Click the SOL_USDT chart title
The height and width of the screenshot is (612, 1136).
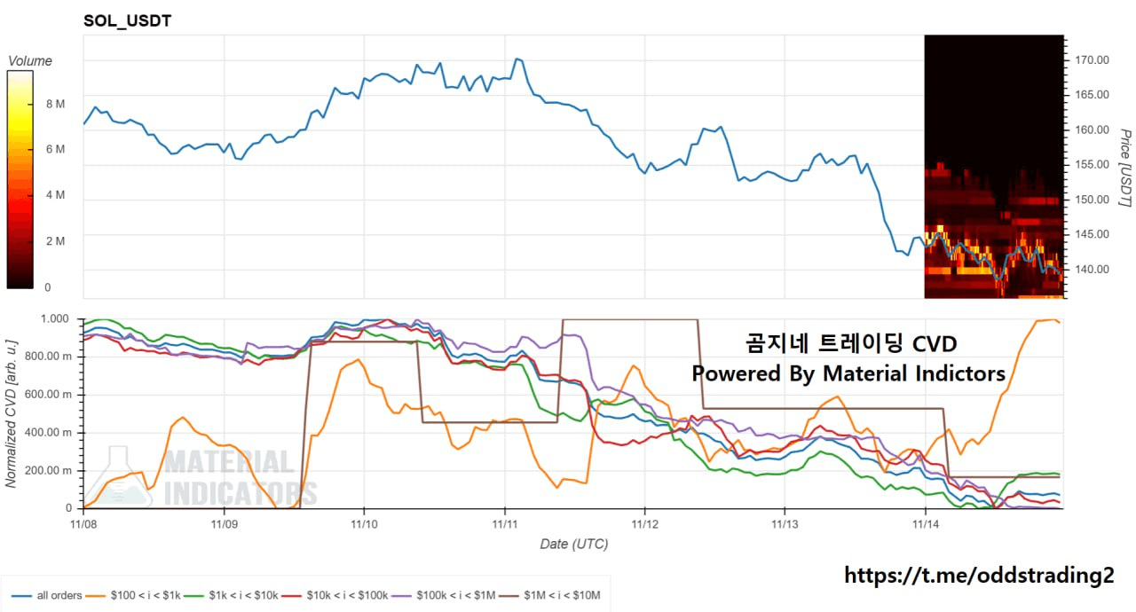(127, 20)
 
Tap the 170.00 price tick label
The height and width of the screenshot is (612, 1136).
(1092, 60)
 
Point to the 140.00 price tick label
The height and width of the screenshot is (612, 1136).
(1092, 269)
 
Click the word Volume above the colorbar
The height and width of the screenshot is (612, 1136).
(30, 61)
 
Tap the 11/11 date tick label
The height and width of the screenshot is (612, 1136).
(505, 524)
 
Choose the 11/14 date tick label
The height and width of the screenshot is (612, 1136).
(926, 524)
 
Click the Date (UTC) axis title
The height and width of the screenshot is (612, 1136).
(574, 544)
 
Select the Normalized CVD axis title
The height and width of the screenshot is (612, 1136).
(12, 412)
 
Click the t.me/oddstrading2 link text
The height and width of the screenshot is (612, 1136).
(978, 576)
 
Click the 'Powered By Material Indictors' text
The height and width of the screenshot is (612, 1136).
(848, 373)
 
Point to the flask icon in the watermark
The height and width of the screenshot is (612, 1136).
(119, 477)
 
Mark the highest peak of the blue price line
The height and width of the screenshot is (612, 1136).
(517, 59)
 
